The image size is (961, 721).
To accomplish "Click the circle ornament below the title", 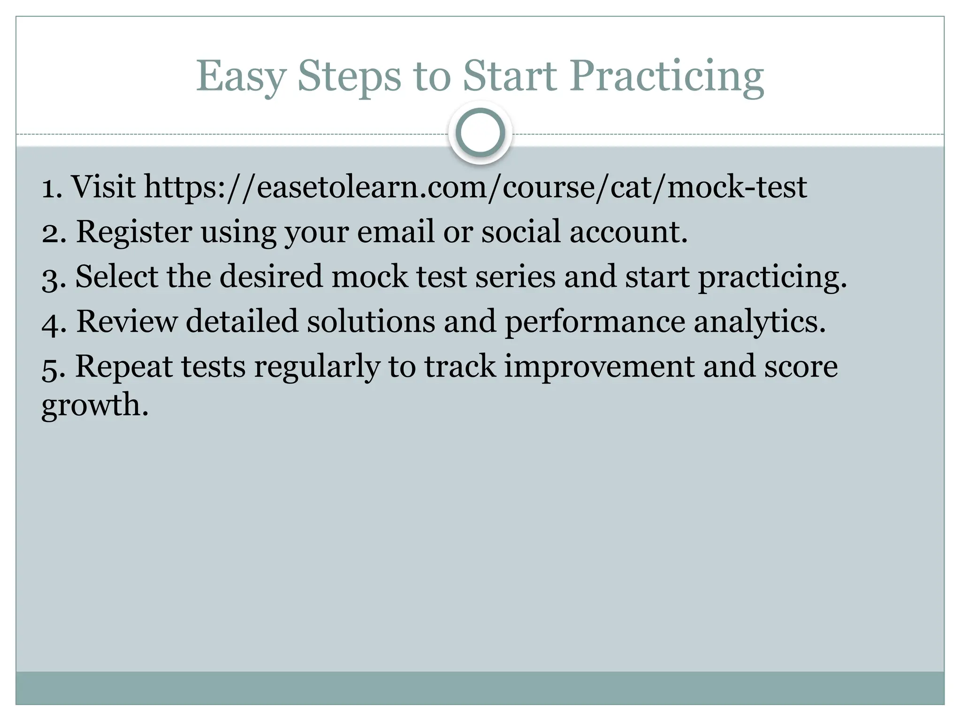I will pos(480,133).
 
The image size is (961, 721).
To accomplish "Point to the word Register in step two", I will pos(134,232).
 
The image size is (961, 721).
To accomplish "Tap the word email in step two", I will pos(396,231).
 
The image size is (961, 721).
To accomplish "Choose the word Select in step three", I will pos(116,276).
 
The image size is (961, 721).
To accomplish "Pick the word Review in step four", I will pos(127,322).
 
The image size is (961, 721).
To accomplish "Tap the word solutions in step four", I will pos(371,322).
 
